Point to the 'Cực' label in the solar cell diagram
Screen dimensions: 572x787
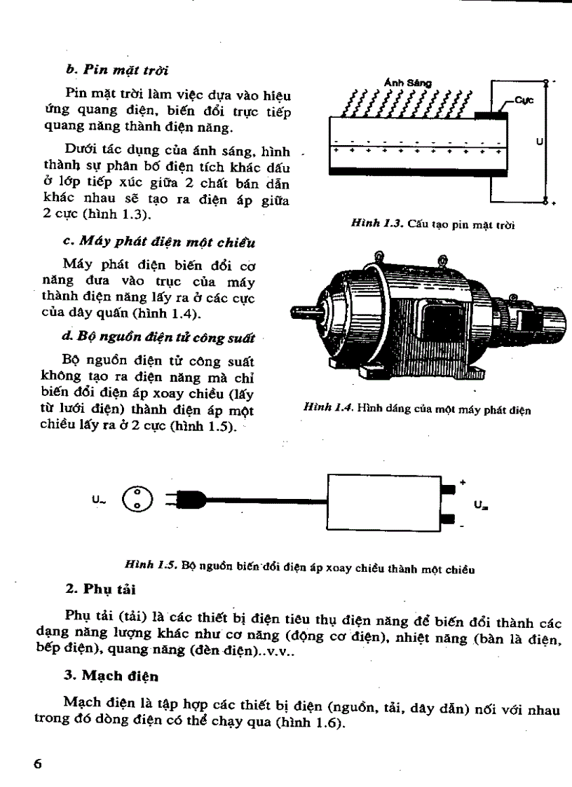click(524, 100)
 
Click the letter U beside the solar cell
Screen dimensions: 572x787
click(538, 142)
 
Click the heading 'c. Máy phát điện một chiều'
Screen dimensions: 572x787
click(159, 242)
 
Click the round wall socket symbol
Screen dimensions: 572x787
click(135, 498)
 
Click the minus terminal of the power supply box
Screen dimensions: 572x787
click(449, 520)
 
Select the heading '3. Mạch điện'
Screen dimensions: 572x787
click(104, 678)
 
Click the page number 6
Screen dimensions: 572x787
click(38, 764)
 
